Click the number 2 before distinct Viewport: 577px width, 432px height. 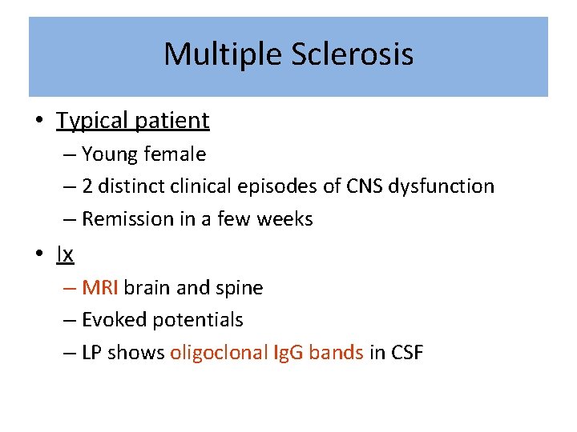pos(88,186)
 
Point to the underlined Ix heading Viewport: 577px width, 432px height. pos(65,254)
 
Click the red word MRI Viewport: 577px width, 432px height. pos(100,287)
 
